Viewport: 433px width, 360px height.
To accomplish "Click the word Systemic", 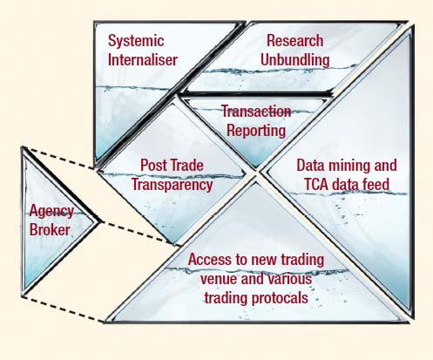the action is click(x=136, y=41).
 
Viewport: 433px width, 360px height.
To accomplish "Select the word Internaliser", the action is click(x=143, y=59).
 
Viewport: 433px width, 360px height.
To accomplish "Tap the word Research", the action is click(x=294, y=40).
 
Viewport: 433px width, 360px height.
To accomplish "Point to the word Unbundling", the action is click(x=294, y=60).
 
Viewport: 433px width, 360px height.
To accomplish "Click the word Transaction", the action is click(x=256, y=112).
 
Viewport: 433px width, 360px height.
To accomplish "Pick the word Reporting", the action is click(x=256, y=131).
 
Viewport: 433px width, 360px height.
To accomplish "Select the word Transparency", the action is click(x=173, y=185).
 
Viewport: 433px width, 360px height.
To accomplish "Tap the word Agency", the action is click(x=51, y=212).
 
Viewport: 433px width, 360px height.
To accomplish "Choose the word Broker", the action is click(x=50, y=230).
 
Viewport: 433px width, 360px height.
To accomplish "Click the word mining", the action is click(x=347, y=166).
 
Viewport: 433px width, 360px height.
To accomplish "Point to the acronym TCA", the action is click(x=316, y=185).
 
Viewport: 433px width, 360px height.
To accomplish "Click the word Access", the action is click(x=210, y=259).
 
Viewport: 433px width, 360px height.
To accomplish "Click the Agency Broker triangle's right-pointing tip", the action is click(x=101, y=222).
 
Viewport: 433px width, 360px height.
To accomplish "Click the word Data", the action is click(x=309, y=166).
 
